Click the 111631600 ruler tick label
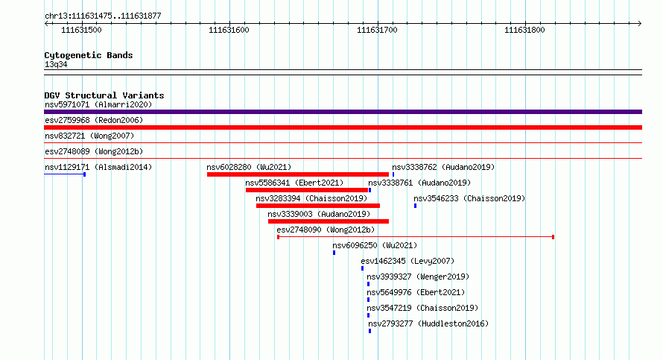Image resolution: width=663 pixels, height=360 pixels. click(229, 30)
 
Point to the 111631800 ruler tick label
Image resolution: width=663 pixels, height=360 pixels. click(524, 30)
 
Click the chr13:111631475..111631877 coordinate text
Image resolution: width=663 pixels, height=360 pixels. click(103, 16)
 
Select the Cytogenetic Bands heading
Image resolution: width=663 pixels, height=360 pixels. click(89, 55)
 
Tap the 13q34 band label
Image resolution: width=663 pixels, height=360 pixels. click(56, 64)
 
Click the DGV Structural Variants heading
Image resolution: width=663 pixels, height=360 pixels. click(104, 95)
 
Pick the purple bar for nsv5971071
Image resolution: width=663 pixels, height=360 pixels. click(343, 112)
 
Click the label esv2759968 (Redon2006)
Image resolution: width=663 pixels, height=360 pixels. click(94, 120)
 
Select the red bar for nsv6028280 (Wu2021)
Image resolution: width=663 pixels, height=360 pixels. click(298, 174)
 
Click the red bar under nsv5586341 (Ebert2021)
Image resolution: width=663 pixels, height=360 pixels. click(307, 190)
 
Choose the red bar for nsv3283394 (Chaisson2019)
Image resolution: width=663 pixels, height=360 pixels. click(318, 206)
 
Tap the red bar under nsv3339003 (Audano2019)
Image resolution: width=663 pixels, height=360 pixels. click(329, 221)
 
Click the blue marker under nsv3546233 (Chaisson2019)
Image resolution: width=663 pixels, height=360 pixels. click(415, 206)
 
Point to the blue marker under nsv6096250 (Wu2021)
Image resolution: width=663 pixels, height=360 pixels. click(334, 253)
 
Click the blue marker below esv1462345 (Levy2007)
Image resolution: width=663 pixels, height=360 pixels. click(362, 268)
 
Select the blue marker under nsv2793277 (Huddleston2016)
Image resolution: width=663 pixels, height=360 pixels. click(370, 331)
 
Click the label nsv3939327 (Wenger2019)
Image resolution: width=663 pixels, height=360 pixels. click(418, 277)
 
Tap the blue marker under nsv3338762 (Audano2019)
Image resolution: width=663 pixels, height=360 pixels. click(393, 174)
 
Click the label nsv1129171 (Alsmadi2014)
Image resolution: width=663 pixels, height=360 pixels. click(98, 167)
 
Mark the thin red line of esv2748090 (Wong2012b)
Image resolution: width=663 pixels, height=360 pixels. click(416, 237)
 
